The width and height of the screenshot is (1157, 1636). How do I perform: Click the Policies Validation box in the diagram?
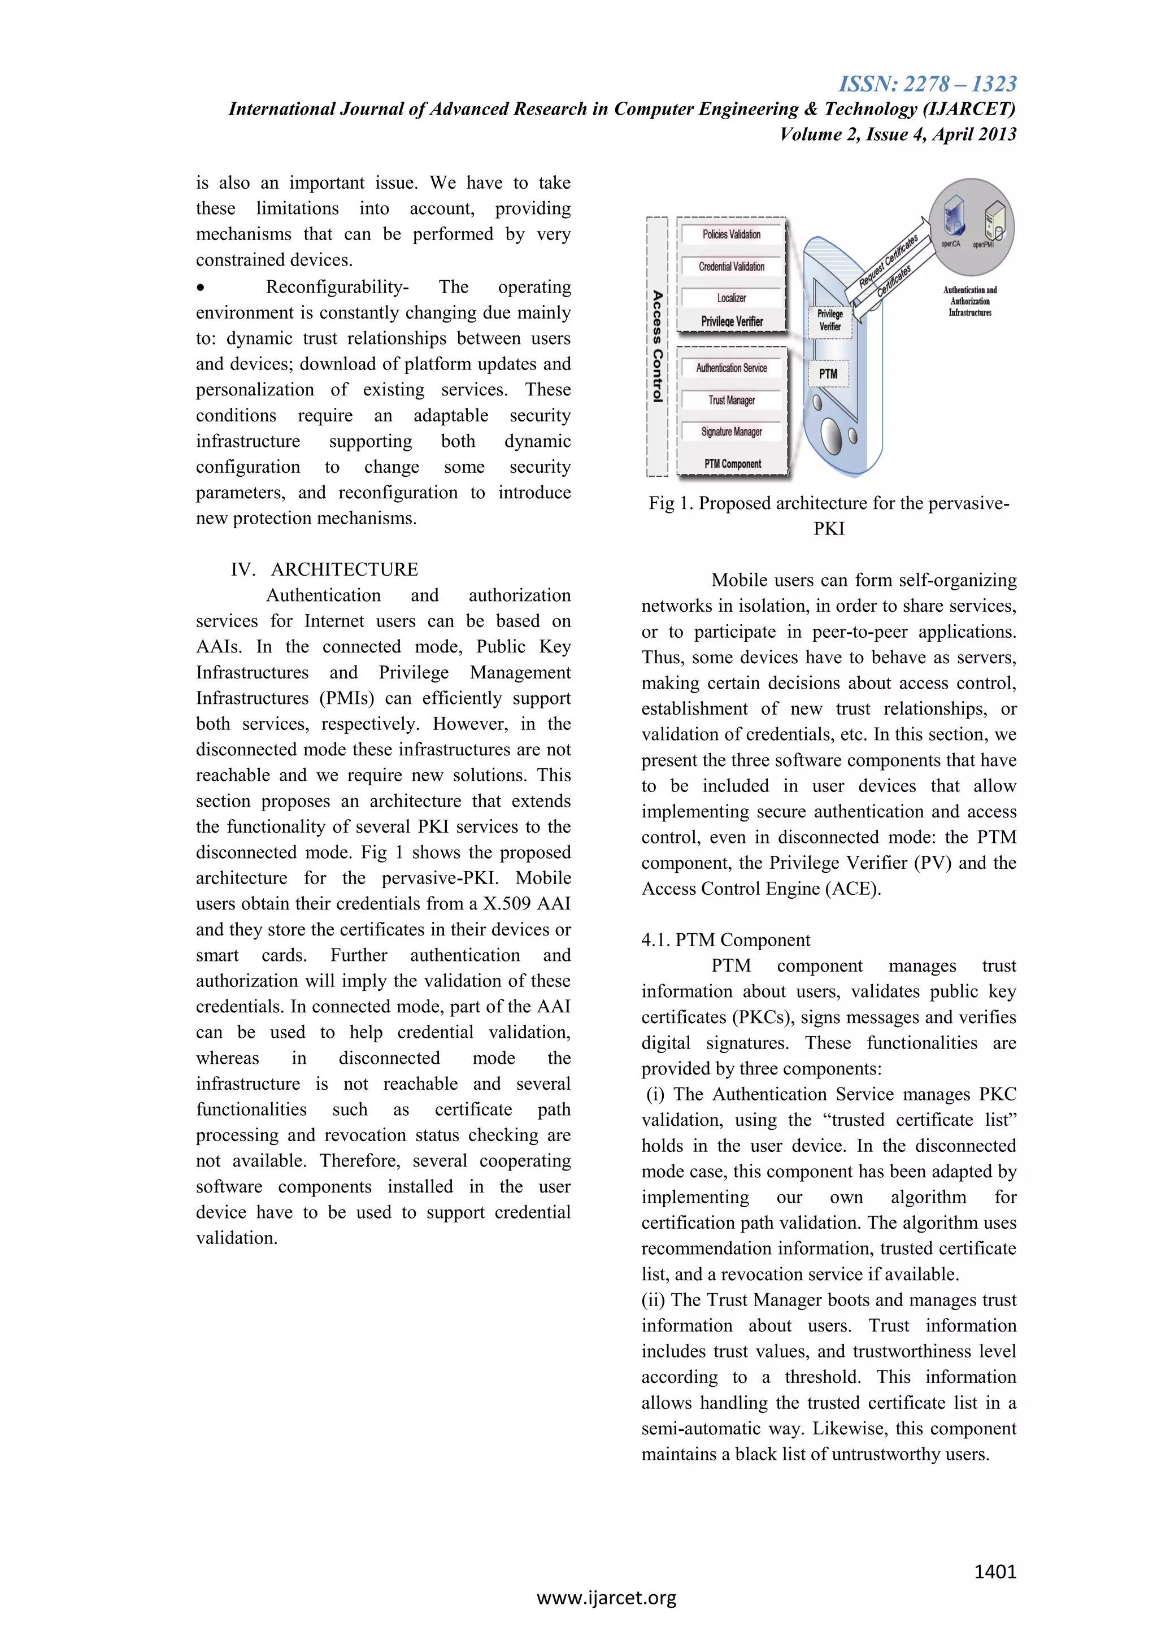pyautogui.click(x=732, y=234)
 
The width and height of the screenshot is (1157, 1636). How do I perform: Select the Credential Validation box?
pyautogui.click(x=732, y=267)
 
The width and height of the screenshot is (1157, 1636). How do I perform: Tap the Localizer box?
pyautogui.click(x=732, y=298)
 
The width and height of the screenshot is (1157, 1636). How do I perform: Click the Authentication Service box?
pyautogui.click(x=732, y=368)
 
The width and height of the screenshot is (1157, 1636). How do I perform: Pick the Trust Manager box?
pyautogui.click(x=732, y=400)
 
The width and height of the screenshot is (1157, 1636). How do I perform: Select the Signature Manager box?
pyautogui.click(x=732, y=432)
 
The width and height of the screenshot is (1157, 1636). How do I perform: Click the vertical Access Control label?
pyautogui.click(x=658, y=346)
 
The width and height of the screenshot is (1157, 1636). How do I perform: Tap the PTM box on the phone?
pyautogui.click(x=828, y=373)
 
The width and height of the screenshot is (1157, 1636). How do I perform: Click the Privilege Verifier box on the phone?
pyautogui.click(x=830, y=321)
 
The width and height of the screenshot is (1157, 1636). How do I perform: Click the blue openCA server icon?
pyautogui.click(x=953, y=218)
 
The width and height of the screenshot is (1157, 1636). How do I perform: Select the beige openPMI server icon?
pyautogui.click(x=993, y=220)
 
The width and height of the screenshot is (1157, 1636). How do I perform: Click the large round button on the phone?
pyautogui.click(x=832, y=433)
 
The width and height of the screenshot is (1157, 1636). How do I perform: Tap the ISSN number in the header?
pyautogui.click(x=928, y=84)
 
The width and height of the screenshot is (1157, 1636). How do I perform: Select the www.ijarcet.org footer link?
pyautogui.click(x=606, y=1598)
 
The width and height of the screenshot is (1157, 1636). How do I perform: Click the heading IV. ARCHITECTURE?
pyautogui.click(x=324, y=569)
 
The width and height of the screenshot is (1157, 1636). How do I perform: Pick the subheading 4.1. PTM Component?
pyautogui.click(x=725, y=940)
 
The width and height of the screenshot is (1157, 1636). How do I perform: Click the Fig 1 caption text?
pyautogui.click(x=829, y=515)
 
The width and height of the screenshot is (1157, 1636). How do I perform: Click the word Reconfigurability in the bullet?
pyautogui.click(x=336, y=287)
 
